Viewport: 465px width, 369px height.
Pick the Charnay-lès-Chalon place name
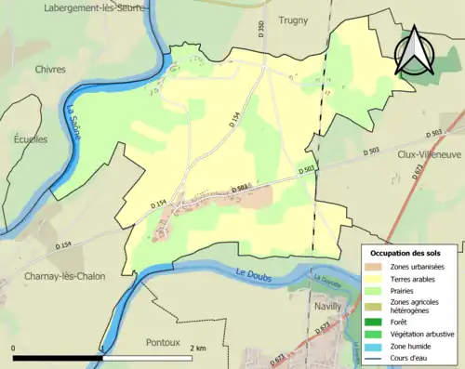(53, 276)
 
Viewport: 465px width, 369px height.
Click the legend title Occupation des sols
(407, 253)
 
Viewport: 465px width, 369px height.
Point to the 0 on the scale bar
(14, 349)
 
